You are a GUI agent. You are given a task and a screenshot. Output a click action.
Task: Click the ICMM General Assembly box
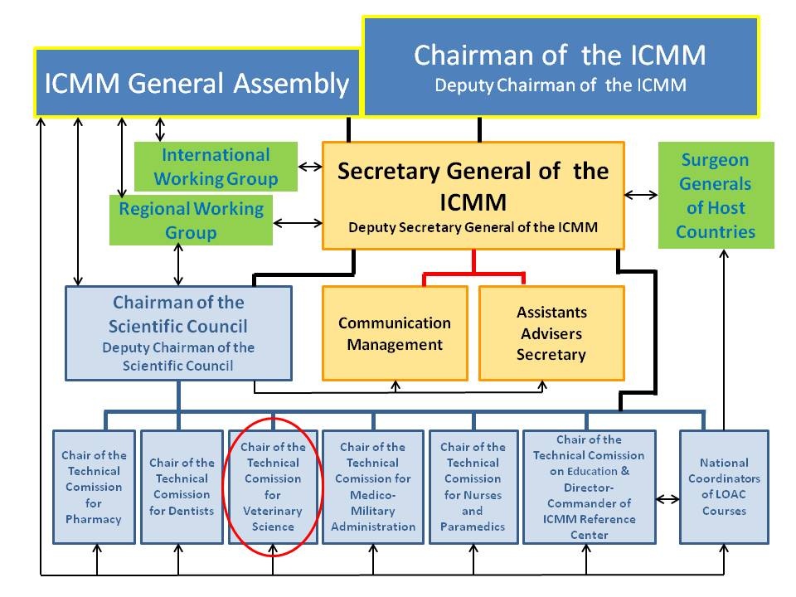[197, 82]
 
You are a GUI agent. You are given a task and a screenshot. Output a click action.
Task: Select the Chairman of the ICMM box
[560, 66]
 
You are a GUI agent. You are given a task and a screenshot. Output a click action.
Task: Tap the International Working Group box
[216, 166]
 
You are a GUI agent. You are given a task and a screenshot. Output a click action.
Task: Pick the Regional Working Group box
[191, 220]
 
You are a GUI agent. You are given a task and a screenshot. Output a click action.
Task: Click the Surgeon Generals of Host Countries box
[716, 196]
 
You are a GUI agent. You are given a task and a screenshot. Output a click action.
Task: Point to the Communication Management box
[395, 333]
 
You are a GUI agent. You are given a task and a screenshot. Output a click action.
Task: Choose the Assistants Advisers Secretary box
[551, 333]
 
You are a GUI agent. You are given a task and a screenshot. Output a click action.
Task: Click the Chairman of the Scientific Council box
[179, 332]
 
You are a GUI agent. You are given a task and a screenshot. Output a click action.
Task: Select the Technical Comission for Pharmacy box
[94, 487]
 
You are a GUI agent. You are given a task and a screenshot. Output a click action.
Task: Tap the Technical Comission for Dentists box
[182, 487]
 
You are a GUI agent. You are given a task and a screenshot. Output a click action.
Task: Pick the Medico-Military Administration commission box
[372, 487]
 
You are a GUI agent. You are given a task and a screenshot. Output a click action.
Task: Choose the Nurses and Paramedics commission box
[473, 487]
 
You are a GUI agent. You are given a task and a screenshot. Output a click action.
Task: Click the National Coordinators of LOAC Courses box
[724, 487]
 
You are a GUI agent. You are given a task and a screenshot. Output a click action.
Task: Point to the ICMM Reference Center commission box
[589, 487]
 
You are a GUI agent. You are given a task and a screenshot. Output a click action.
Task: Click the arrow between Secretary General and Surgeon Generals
[641, 195]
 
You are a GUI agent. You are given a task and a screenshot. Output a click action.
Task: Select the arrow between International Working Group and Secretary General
[310, 167]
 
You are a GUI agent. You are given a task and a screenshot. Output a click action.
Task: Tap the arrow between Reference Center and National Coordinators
[667, 500]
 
